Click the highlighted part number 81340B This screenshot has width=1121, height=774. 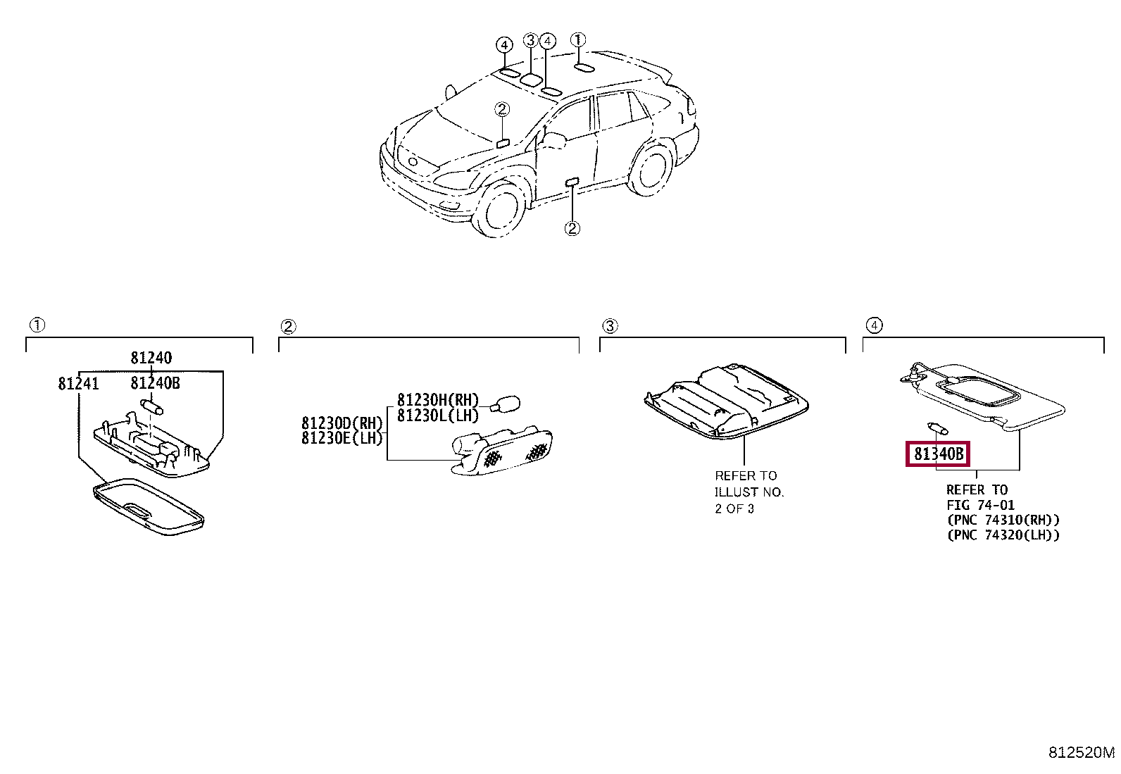point(937,454)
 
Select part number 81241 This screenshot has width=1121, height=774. point(78,384)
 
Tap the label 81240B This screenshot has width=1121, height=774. point(155,384)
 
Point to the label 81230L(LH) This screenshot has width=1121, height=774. point(437,416)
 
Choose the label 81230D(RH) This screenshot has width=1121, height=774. point(342,423)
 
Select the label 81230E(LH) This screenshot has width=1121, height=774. point(342,438)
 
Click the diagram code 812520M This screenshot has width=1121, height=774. point(1082,753)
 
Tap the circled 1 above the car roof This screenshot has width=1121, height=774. point(578,39)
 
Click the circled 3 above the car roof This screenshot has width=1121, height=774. point(531,41)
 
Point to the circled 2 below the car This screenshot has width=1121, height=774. point(572,228)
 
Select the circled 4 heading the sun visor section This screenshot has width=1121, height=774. point(873,325)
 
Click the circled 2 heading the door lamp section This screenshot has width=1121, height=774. point(287,326)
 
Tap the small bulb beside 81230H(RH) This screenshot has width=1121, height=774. point(505,404)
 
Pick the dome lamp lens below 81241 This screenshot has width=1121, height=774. point(149,504)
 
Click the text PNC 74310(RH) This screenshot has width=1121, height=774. point(1003,520)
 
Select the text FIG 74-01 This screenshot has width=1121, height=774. point(980,505)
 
